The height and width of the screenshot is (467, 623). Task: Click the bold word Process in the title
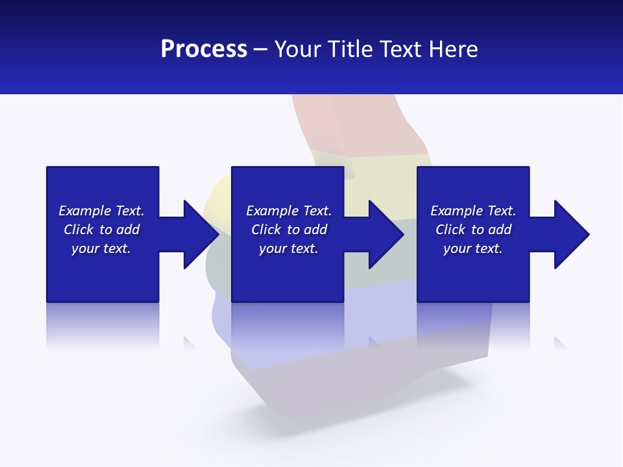pos(204,49)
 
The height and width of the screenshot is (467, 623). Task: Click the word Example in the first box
pos(84,211)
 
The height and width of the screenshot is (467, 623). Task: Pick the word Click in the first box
pos(79,230)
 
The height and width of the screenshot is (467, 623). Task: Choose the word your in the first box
pos(84,248)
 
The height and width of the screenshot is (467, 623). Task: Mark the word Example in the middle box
pos(272,211)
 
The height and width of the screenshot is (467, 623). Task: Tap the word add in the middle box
pos(315,230)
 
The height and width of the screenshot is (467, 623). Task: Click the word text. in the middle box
pos(304,248)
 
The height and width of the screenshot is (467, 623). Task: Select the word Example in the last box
pos(456,211)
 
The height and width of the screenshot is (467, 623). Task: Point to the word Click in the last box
pos(450,230)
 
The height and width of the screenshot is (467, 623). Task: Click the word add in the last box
pos(500,230)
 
